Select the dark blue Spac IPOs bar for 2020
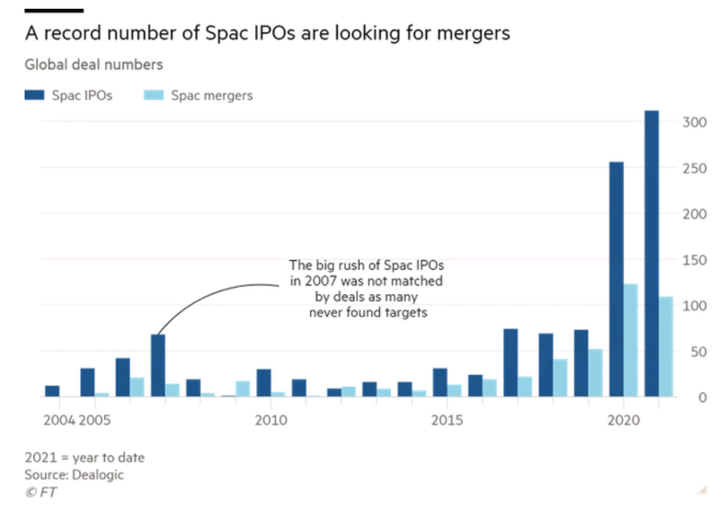point(617,279)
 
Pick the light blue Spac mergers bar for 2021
point(666,346)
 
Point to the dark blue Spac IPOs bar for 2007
point(158,365)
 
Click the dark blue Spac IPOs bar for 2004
point(52,391)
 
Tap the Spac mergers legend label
point(212,95)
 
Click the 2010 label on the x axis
point(270,420)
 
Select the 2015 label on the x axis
point(447,420)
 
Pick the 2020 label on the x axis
point(623,420)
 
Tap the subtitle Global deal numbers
point(94,65)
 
